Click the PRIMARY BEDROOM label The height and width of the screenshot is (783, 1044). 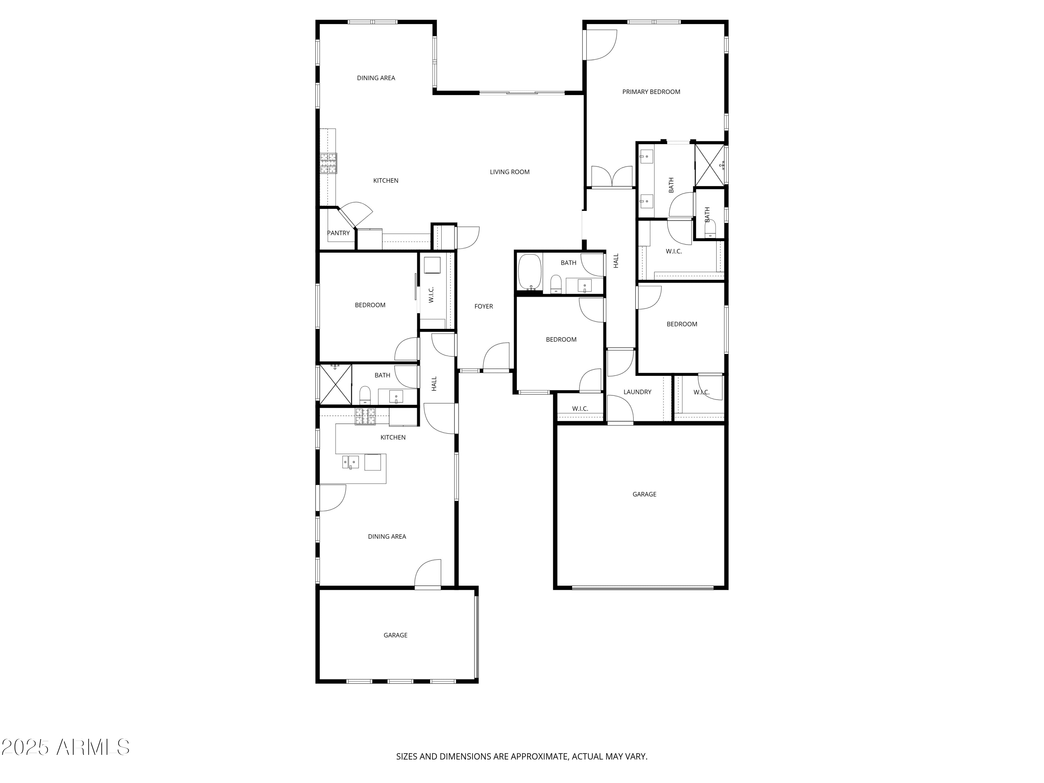[651, 92]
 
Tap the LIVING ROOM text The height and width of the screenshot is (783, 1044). [509, 172]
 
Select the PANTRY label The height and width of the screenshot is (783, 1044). [338, 233]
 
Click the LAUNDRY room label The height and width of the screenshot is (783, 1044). [637, 392]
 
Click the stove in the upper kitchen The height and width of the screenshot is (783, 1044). [329, 163]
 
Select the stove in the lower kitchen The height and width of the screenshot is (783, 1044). [365, 416]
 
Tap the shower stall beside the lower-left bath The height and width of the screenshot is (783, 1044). [335, 385]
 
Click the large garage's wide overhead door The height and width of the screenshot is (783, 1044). [642, 588]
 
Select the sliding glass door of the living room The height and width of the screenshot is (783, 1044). [522, 93]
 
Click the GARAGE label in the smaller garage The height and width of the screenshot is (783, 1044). [395, 635]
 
